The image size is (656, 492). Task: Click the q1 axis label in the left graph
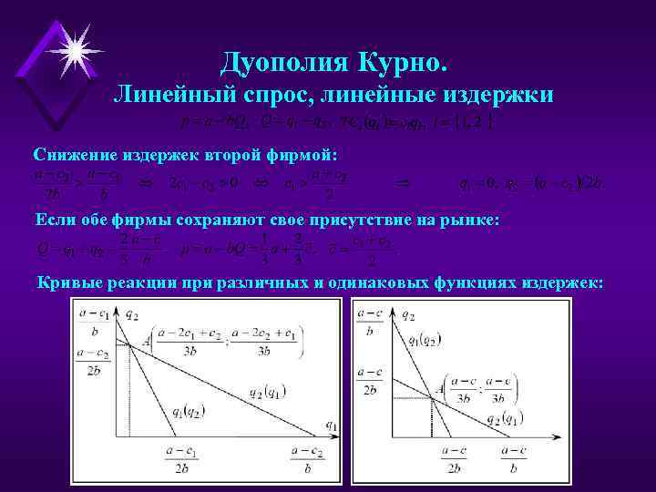330,424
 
